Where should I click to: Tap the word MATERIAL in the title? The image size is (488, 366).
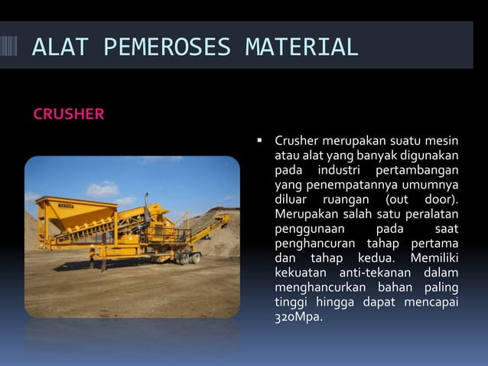click(301, 47)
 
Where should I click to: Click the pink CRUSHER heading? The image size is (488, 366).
click(69, 115)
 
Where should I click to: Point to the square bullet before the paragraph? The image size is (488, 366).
click(259, 141)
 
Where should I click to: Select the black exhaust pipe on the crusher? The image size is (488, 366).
click(147, 207)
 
